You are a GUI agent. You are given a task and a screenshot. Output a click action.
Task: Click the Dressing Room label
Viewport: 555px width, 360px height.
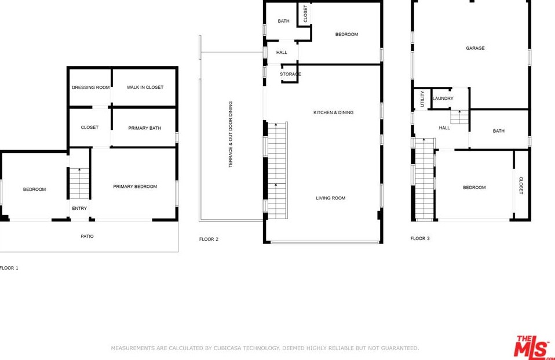(90, 87)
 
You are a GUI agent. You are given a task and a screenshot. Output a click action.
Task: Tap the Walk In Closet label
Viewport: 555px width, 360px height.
(145, 87)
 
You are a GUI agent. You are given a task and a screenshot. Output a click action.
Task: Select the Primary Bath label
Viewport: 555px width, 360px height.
(144, 128)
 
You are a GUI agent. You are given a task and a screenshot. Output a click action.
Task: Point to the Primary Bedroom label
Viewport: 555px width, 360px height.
(135, 187)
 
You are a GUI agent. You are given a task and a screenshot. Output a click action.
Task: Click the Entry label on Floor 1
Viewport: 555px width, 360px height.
(79, 208)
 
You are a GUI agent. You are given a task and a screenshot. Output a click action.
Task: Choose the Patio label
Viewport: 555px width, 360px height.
(87, 237)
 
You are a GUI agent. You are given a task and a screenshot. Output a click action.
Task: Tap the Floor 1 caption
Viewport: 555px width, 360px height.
(9, 268)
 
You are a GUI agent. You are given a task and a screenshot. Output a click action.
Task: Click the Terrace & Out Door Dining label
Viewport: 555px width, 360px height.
(231, 134)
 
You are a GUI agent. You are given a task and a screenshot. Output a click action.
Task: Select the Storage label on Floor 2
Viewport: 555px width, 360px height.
(290, 74)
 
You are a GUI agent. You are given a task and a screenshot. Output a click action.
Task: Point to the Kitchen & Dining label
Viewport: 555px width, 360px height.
(334, 112)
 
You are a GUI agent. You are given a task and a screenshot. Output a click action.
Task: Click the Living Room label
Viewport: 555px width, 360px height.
(331, 198)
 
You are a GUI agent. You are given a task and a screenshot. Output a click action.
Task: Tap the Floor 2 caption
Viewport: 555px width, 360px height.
(209, 239)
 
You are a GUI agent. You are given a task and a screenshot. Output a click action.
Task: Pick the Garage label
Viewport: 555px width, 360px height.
(475, 48)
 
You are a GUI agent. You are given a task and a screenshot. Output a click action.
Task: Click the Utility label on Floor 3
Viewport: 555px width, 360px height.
(422, 99)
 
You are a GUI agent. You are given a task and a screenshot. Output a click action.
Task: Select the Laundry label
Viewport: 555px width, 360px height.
(443, 99)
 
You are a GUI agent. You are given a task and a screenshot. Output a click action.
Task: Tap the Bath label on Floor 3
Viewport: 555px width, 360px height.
(498, 131)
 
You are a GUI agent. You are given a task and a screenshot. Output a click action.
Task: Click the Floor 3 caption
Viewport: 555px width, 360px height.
(420, 238)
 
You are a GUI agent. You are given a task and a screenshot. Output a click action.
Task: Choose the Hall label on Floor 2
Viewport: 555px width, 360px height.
(282, 52)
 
